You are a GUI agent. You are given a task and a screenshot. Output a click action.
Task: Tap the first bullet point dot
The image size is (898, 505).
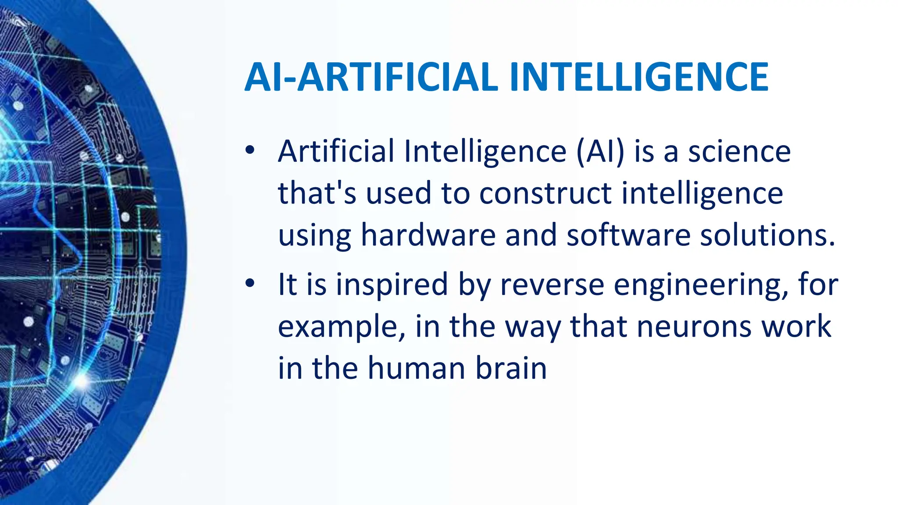[250, 150]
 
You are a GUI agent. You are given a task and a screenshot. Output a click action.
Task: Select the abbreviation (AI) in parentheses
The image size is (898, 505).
[600, 151]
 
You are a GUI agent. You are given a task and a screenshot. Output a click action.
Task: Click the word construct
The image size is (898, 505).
[545, 193]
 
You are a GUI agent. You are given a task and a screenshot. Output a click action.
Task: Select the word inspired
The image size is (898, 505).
[392, 285]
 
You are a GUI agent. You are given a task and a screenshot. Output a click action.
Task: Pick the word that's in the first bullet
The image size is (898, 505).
[317, 193]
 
